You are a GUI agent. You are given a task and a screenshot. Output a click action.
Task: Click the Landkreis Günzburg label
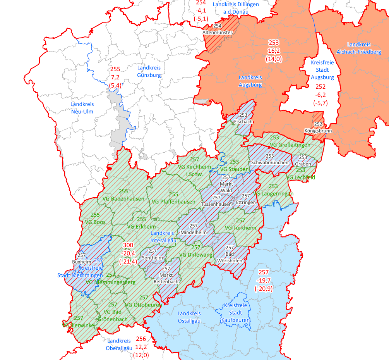[x=149, y=71]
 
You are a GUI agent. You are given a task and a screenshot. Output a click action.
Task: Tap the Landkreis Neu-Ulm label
[x=82, y=108]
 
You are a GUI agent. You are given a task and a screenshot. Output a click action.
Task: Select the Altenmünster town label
[x=218, y=33]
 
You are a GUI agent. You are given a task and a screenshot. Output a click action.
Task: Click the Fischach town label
[x=243, y=121]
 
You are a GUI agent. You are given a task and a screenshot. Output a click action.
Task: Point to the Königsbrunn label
[x=319, y=131]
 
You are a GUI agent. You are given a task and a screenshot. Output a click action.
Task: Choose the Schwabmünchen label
[x=270, y=162]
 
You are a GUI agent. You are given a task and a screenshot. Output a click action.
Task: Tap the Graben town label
[x=302, y=164]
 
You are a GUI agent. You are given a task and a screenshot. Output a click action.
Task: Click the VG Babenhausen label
[x=123, y=199]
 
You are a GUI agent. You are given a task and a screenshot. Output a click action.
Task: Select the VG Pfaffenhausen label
[x=173, y=202]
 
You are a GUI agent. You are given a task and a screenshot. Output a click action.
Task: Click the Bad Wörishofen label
[x=230, y=257]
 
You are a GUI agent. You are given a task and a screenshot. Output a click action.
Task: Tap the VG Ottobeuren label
[x=143, y=305]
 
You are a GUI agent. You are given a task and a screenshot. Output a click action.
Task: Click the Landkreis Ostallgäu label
[x=189, y=317]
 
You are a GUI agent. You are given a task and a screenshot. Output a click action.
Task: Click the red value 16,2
[x=274, y=50]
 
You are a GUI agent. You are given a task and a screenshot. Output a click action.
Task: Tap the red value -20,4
[x=129, y=254]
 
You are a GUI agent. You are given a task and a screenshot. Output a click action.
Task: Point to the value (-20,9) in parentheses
[x=264, y=288]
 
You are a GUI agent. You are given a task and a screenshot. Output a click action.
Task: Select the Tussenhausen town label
[x=216, y=204]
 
